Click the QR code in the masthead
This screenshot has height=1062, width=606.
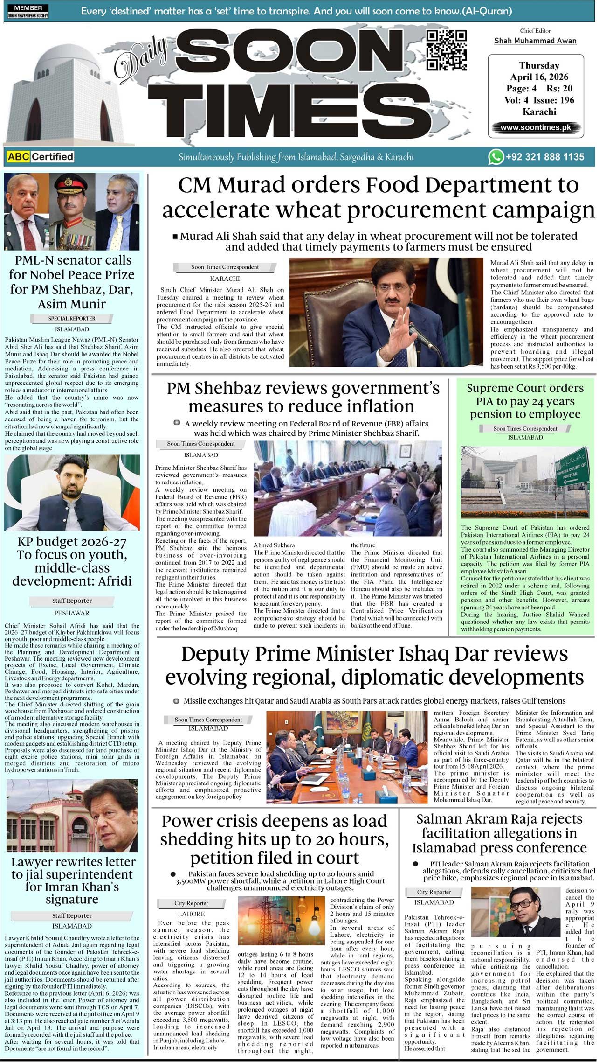click(x=446, y=50)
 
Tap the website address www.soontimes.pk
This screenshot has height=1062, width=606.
click(x=536, y=127)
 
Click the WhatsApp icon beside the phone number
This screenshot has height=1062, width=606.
click(x=496, y=157)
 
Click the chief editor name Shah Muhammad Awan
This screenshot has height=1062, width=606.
click(x=535, y=41)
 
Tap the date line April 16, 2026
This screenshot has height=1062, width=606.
click(x=539, y=77)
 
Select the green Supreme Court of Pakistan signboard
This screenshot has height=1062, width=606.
click(x=571, y=467)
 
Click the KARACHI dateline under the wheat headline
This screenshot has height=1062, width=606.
click(x=225, y=279)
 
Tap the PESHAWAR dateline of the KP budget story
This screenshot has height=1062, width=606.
click(x=72, y=613)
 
